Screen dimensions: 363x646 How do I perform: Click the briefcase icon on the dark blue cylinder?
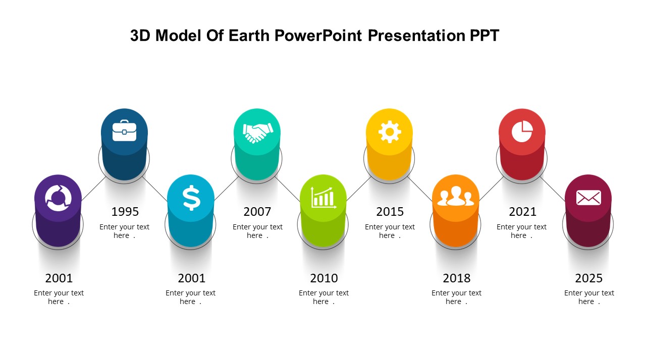pyautogui.click(x=124, y=131)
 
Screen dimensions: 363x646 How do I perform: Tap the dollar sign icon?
pyautogui.click(x=191, y=198)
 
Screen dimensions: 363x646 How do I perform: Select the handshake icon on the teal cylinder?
pyautogui.click(x=257, y=133)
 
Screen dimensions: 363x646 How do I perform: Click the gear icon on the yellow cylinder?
pyautogui.click(x=389, y=132)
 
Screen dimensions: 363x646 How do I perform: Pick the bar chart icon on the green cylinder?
pyautogui.click(x=323, y=197)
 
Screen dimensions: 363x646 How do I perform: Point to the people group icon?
pyautogui.click(x=456, y=197)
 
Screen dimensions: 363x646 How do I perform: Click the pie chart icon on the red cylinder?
pyautogui.click(x=522, y=132)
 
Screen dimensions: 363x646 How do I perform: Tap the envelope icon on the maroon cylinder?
pyautogui.click(x=588, y=198)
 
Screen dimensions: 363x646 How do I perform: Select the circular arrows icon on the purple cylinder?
pyautogui.click(x=58, y=198)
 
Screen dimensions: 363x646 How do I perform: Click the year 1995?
pyautogui.click(x=125, y=212)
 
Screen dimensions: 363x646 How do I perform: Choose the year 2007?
pyautogui.click(x=257, y=212)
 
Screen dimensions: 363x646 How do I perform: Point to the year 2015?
pyautogui.click(x=390, y=212)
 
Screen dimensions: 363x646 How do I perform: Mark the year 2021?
pyautogui.click(x=522, y=212)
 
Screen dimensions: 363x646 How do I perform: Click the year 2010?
pyautogui.click(x=324, y=278)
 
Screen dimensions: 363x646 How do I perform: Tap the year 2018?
pyautogui.click(x=457, y=278)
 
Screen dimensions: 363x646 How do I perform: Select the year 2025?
pyautogui.click(x=589, y=278)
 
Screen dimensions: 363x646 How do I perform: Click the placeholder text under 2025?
pyautogui.click(x=589, y=297)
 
